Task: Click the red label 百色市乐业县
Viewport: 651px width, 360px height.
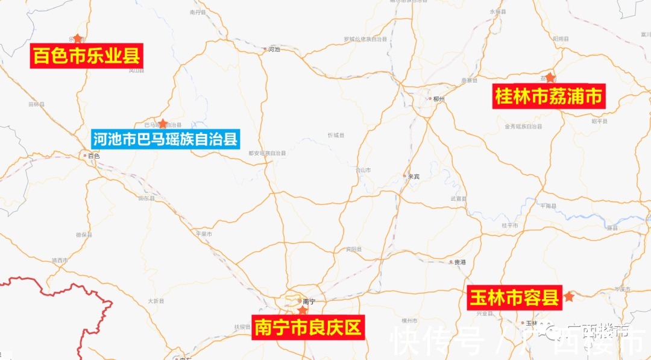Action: pos(87,56)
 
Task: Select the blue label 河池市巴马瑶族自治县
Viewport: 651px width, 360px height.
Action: pos(165,140)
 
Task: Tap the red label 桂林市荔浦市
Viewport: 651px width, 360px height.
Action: pos(549,96)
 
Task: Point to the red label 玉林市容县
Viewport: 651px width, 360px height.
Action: pos(515,297)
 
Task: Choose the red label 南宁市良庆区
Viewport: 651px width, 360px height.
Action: pos(308,327)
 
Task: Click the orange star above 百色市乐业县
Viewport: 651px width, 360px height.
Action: pos(77,39)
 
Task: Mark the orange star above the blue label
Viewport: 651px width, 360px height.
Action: pos(163,124)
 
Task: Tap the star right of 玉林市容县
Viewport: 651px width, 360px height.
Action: pos(569,297)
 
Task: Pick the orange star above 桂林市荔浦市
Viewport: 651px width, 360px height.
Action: pos(550,78)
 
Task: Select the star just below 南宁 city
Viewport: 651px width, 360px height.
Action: pos(303,311)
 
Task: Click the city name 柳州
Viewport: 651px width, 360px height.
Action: pos(439,99)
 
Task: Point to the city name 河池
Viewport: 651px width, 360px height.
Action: pos(274,49)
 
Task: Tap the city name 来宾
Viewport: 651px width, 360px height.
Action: pos(414,176)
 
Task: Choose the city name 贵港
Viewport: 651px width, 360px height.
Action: pos(460,262)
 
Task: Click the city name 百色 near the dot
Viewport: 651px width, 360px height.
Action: pos(93,156)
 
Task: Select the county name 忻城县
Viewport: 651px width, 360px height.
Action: pos(336,135)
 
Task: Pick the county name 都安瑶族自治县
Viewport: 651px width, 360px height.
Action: pos(267,153)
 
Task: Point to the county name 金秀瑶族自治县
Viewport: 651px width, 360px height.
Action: pos(523,127)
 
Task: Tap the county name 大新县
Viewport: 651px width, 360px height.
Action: pos(156,300)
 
